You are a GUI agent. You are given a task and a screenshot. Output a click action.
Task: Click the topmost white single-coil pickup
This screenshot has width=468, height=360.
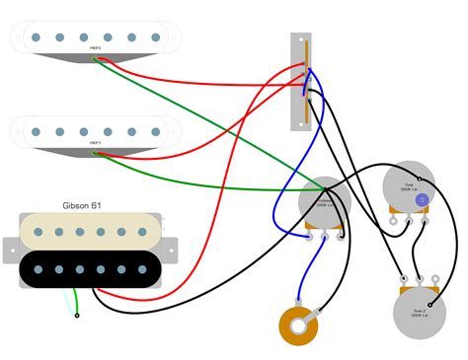(97, 37)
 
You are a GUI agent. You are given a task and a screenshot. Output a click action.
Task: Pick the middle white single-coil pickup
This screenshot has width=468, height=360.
(97, 129)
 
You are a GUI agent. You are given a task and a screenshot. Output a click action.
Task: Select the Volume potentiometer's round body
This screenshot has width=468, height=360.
(325, 202)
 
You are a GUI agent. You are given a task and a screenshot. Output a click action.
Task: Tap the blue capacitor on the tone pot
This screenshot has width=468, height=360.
(422, 200)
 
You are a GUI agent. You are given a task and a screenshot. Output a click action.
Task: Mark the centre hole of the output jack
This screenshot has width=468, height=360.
(298, 325)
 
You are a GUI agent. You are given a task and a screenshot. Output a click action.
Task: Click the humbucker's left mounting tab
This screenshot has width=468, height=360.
(10, 250)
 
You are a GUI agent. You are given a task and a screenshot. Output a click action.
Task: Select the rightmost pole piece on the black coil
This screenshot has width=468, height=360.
(143, 268)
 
